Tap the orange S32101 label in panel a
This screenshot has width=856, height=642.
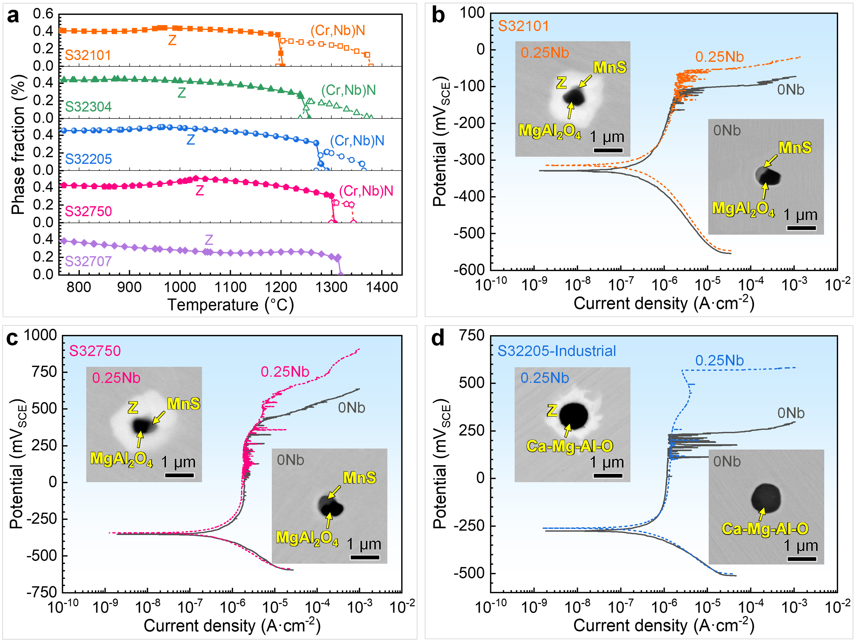click(x=88, y=55)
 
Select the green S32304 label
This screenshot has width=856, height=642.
click(x=88, y=107)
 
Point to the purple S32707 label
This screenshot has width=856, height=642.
click(x=88, y=261)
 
